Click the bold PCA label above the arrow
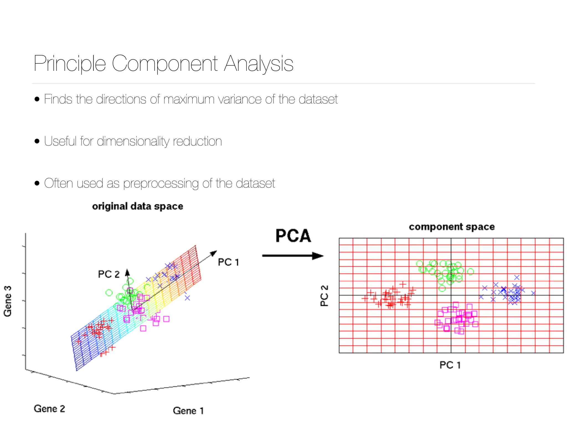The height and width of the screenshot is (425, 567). coord(293,236)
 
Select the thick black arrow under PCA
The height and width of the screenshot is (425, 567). coord(293,256)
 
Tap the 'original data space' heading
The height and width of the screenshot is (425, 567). coord(138,206)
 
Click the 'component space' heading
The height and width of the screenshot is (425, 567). coord(452,227)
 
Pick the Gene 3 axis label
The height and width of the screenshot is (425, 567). coord(8,301)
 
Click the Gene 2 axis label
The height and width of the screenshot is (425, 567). coord(49,409)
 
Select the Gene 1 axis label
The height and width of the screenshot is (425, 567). coord(188,411)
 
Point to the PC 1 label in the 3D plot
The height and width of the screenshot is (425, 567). coord(228,262)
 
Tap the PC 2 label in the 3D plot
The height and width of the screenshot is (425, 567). coord(109,274)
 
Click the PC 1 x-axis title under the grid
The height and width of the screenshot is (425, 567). coord(450,365)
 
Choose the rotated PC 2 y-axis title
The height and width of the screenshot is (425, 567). coord(324,296)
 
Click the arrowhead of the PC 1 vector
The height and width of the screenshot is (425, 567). coord(214,253)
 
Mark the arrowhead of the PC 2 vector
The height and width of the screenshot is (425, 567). coord(127,272)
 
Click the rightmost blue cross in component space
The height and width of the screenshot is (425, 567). coord(534,293)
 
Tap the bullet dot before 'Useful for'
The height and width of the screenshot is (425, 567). coord(37,141)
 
